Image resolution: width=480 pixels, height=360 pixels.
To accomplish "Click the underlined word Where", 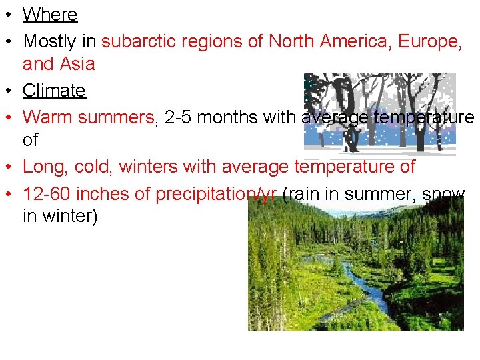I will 50,15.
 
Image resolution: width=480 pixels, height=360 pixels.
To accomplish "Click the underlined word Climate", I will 54,90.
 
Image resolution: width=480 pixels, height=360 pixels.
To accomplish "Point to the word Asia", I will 77,65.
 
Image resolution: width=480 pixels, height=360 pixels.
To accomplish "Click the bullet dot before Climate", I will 10,91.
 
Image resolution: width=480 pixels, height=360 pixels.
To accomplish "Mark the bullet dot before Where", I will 10,15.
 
